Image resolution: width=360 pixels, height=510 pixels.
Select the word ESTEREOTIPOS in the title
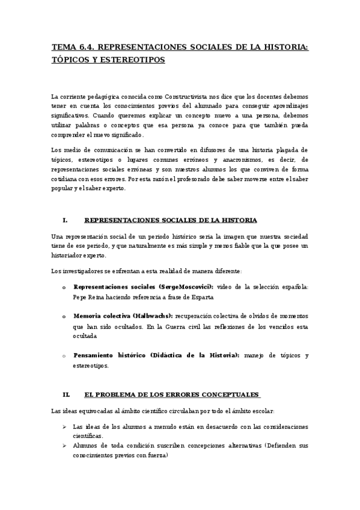click(x=133, y=60)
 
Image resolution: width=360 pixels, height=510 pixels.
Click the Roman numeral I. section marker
click(x=64, y=220)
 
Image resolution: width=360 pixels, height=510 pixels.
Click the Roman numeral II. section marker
click(x=66, y=395)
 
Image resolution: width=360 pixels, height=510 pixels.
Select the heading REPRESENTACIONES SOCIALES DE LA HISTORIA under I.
click(x=171, y=220)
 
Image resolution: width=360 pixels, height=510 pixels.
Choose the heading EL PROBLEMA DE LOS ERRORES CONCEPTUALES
click(x=172, y=395)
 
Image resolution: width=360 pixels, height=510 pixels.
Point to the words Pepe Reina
click(x=86, y=297)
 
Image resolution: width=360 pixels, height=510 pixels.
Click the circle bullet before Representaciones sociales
click(x=64, y=287)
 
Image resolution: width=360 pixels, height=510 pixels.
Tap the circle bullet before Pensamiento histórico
click(x=64, y=356)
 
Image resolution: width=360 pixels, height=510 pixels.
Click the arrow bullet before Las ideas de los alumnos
click(x=65, y=426)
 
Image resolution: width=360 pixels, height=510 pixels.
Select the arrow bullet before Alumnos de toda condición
click(x=65, y=446)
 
